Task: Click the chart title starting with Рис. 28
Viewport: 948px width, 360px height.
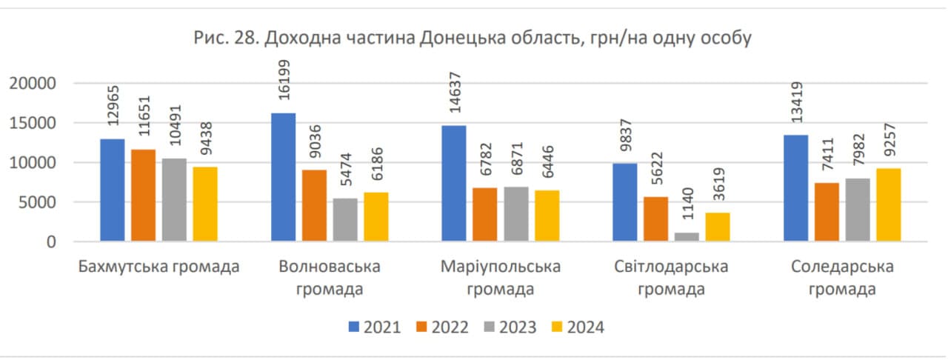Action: (x=473, y=37)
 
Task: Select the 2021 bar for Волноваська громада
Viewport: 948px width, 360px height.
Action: (x=283, y=177)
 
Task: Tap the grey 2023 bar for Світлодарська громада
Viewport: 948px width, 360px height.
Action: (x=686, y=237)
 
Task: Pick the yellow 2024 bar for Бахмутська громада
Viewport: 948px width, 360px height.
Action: (x=205, y=204)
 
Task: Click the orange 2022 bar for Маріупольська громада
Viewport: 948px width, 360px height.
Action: (x=485, y=214)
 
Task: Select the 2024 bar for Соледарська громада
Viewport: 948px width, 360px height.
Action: (x=889, y=204)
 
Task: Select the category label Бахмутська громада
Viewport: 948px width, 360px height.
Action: (x=158, y=267)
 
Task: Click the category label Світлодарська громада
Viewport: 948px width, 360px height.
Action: (x=672, y=278)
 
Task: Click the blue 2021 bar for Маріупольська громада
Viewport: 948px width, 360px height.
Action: (x=454, y=183)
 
